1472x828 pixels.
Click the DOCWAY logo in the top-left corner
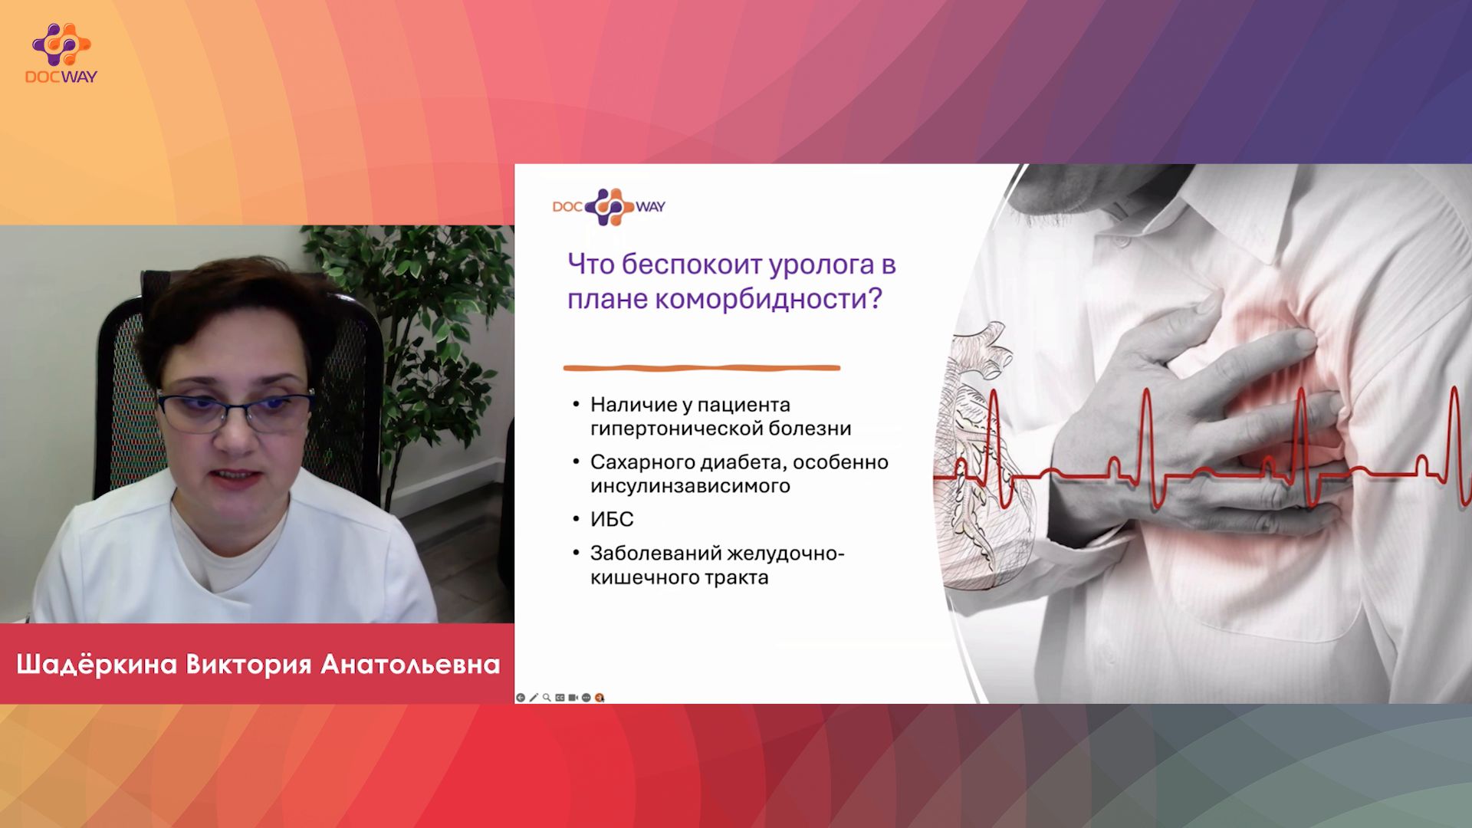click(x=61, y=53)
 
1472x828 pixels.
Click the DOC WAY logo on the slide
click(x=609, y=206)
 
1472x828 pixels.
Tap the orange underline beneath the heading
click(x=701, y=368)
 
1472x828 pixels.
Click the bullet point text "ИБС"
click(x=612, y=520)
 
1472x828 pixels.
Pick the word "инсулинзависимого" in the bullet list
click(x=690, y=486)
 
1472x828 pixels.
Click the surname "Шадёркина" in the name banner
click(x=97, y=664)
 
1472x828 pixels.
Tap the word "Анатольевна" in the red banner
click(x=410, y=664)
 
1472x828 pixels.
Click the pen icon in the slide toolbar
click(x=534, y=698)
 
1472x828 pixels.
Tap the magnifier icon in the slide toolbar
click(x=547, y=698)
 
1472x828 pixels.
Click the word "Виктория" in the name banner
click(x=248, y=664)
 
